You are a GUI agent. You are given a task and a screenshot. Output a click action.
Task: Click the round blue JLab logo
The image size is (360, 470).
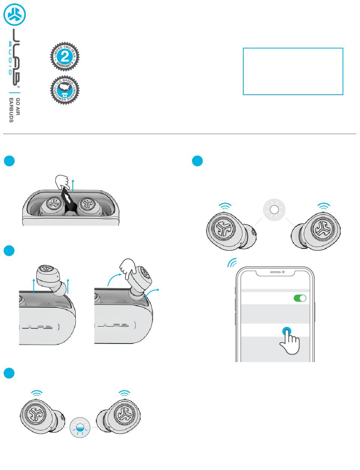click(x=14, y=15)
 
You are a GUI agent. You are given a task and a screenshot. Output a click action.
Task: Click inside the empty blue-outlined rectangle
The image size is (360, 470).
click(x=293, y=71)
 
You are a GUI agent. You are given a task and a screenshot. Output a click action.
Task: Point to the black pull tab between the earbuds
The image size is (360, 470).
click(x=68, y=203)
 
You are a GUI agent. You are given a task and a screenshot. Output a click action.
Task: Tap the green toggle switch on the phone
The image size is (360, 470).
click(x=300, y=298)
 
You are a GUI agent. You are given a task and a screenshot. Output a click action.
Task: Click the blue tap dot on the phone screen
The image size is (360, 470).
click(x=287, y=331)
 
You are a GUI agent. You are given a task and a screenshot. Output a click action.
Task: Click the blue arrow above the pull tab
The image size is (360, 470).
click(x=72, y=184)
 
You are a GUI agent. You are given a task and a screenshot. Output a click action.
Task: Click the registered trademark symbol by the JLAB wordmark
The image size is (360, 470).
click(x=18, y=86)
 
